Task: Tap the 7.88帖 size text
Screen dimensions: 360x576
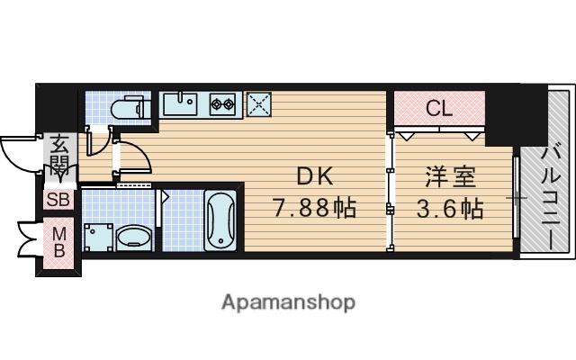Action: coord(314,210)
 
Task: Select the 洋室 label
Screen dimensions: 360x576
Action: coord(438,176)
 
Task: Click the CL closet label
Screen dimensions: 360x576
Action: coord(437,110)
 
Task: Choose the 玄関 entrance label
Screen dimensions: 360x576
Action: coord(59,155)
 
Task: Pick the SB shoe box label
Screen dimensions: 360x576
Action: coord(58,201)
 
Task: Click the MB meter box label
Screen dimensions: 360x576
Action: coord(58,241)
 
